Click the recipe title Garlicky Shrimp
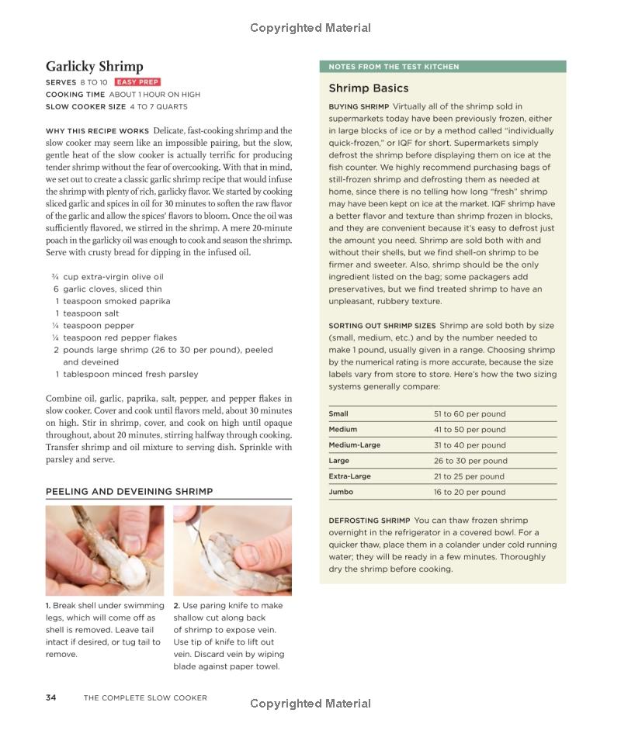coord(94,67)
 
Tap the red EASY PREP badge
coord(137,82)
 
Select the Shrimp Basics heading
coord(368,88)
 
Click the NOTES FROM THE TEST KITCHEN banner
coord(394,67)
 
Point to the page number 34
coord(50,697)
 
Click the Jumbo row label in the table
coord(341,492)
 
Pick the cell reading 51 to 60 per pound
coord(469,414)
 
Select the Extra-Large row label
coord(349,476)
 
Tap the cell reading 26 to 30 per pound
coord(469,461)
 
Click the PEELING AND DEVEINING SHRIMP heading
coord(129,492)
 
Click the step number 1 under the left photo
coord(47,606)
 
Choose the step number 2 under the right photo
coord(176,606)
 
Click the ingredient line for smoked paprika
coord(116,301)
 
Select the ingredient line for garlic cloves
coord(113,289)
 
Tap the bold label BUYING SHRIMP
coord(358,106)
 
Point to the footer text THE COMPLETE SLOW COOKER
coord(145,697)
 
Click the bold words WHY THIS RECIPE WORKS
coord(97,131)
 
